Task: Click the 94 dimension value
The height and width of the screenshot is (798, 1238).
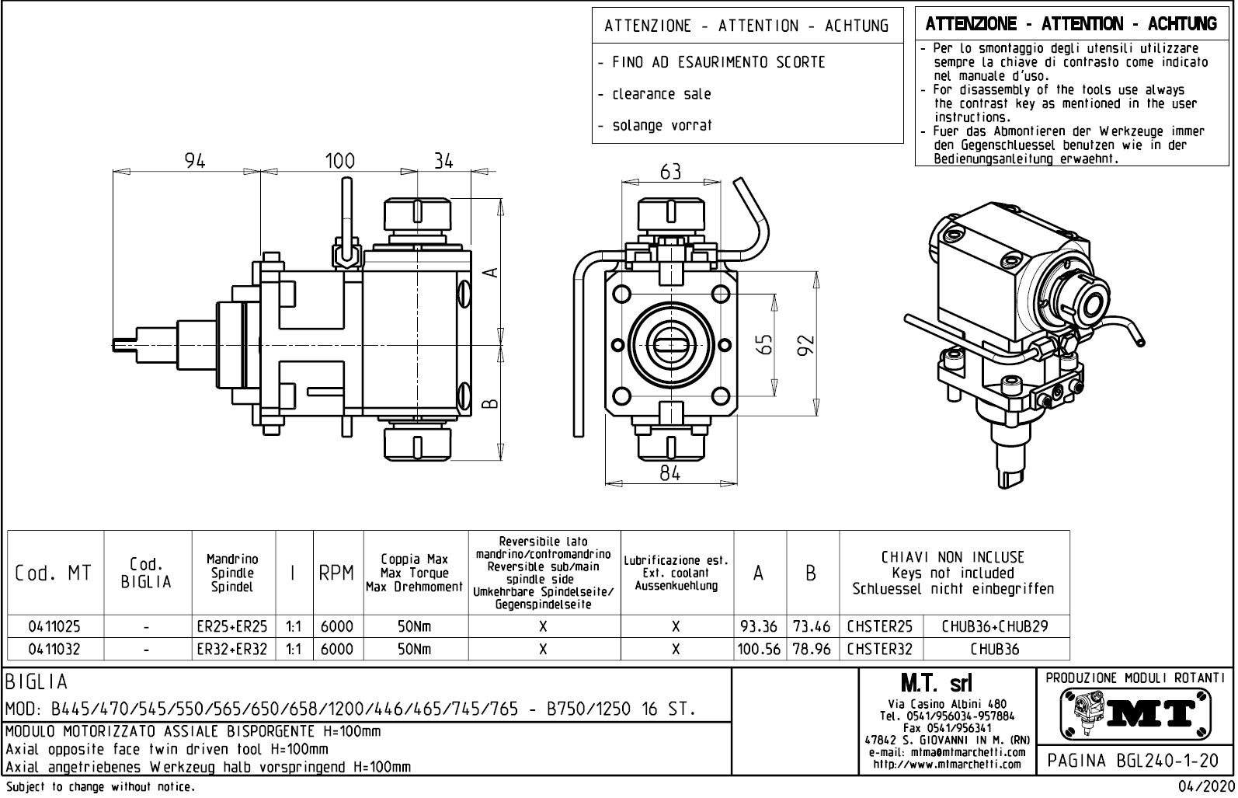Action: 195,161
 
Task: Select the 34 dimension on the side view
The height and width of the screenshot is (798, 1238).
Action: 443,161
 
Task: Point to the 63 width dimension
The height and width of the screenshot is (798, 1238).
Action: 670,172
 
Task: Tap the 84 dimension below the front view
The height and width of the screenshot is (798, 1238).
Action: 670,472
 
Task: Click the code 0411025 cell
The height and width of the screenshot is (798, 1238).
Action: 54,626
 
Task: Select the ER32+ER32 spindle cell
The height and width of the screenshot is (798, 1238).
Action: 233,649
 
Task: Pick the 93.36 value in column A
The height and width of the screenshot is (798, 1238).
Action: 760,626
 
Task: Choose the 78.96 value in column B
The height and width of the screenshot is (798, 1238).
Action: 812,649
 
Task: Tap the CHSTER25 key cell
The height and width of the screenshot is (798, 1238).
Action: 879,626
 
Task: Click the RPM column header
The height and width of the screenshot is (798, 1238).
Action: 337,573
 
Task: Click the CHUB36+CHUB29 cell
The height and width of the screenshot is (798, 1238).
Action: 995,626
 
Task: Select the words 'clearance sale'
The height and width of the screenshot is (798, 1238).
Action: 662,94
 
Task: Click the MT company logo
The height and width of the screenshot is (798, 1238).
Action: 1135,713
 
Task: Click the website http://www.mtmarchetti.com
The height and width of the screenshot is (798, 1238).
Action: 948,765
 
